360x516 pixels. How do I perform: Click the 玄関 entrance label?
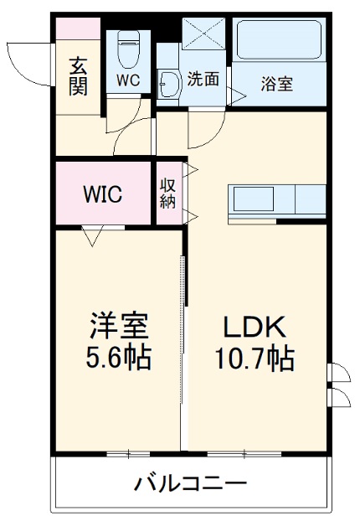(79, 75)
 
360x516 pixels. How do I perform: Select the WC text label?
(128, 81)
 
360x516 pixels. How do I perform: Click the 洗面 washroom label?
(203, 80)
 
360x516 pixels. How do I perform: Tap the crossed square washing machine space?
(204, 35)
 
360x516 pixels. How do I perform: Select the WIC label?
(102, 194)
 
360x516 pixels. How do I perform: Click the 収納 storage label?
(167, 193)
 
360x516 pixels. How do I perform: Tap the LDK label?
(255, 325)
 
